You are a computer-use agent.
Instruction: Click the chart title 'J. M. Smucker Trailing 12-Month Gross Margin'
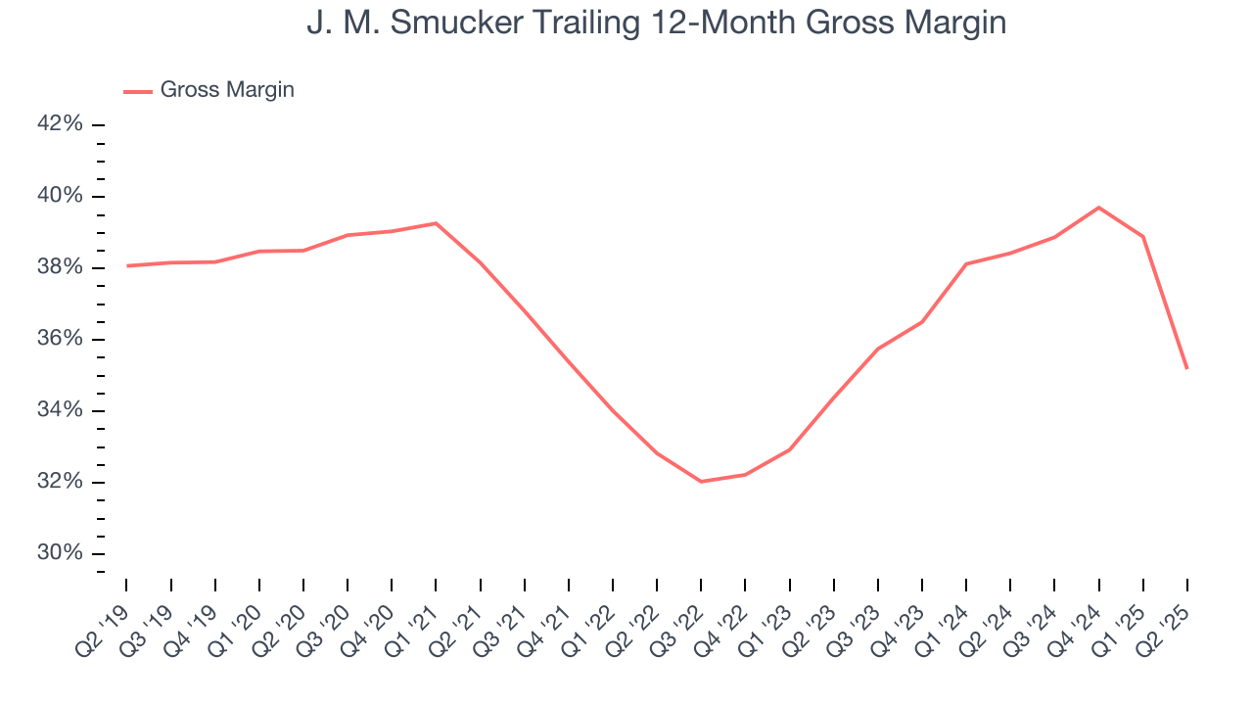click(x=656, y=22)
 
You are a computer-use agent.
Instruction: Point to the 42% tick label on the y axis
click(x=61, y=125)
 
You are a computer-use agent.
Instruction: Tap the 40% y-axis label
click(x=61, y=197)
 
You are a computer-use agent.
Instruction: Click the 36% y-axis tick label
click(x=61, y=340)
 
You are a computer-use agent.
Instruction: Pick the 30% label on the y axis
click(x=61, y=553)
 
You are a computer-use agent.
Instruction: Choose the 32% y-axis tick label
click(x=61, y=482)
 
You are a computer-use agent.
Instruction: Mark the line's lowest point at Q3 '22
click(x=701, y=482)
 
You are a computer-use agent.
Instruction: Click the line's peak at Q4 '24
click(x=1098, y=208)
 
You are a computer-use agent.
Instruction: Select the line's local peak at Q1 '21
click(x=436, y=223)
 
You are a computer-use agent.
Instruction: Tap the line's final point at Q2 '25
click(x=1186, y=368)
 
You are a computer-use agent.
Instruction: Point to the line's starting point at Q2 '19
click(x=127, y=265)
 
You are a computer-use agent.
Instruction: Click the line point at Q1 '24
click(x=966, y=263)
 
